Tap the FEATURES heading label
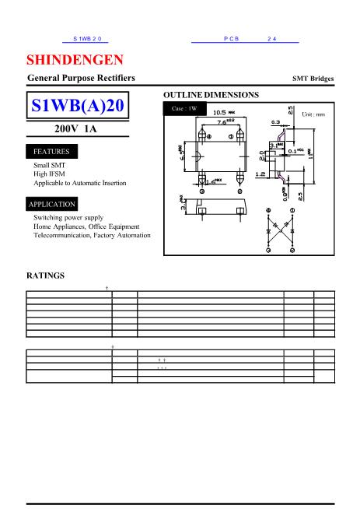pyautogui.click(x=51, y=151)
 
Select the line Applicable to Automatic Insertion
pyautogui.click(x=79, y=183)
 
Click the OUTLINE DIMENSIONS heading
pyautogui.click(x=211, y=94)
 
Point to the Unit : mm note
pyautogui.click(x=313, y=114)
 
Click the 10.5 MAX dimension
pyautogui.click(x=225, y=113)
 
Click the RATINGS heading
pyautogui.click(x=46, y=276)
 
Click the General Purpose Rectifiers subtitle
pyautogui.click(x=81, y=79)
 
